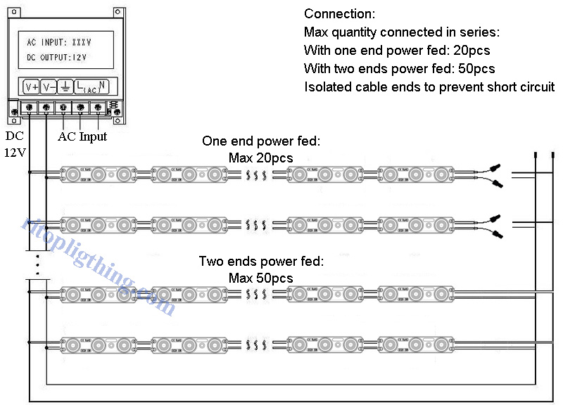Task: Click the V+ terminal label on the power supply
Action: [x=31, y=86]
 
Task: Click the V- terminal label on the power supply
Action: [x=49, y=86]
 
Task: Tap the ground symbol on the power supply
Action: [x=64, y=86]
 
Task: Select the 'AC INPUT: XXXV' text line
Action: [x=59, y=42]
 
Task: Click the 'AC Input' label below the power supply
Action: [x=82, y=136]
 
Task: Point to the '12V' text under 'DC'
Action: [x=15, y=153]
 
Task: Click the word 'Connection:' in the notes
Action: [x=339, y=14]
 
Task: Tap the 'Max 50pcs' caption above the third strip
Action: [x=260, y=278]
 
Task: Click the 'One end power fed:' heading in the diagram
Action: [x=261, y=141]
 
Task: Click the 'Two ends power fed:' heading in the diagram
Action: [x=261, y=262]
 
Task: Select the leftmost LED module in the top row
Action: [x=99, y=173]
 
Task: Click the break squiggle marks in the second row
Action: [x=256, y=225]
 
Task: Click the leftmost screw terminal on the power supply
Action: [x=29, y=108]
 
